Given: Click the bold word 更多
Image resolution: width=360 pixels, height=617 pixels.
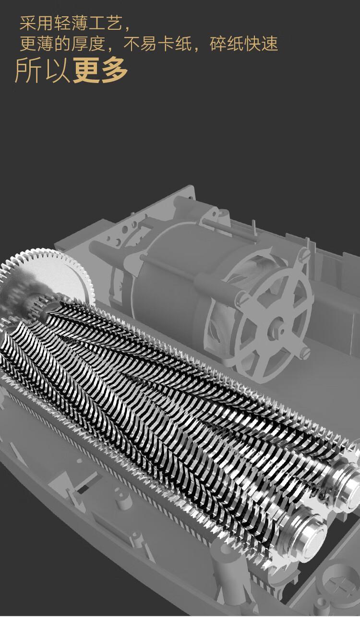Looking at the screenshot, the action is point(100,70).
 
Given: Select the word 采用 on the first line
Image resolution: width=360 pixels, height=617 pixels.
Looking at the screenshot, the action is point(36,24).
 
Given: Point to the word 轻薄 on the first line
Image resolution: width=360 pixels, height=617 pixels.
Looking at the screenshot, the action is point(71,24).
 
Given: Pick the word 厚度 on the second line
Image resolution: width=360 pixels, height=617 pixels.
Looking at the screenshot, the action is point(89,44).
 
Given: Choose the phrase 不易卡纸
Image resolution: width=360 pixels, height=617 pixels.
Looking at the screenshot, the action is point(157,44).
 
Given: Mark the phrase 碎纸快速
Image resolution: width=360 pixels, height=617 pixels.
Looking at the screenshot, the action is point(244,44).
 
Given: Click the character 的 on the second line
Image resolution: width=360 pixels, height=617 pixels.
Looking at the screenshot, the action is point(62,44).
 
